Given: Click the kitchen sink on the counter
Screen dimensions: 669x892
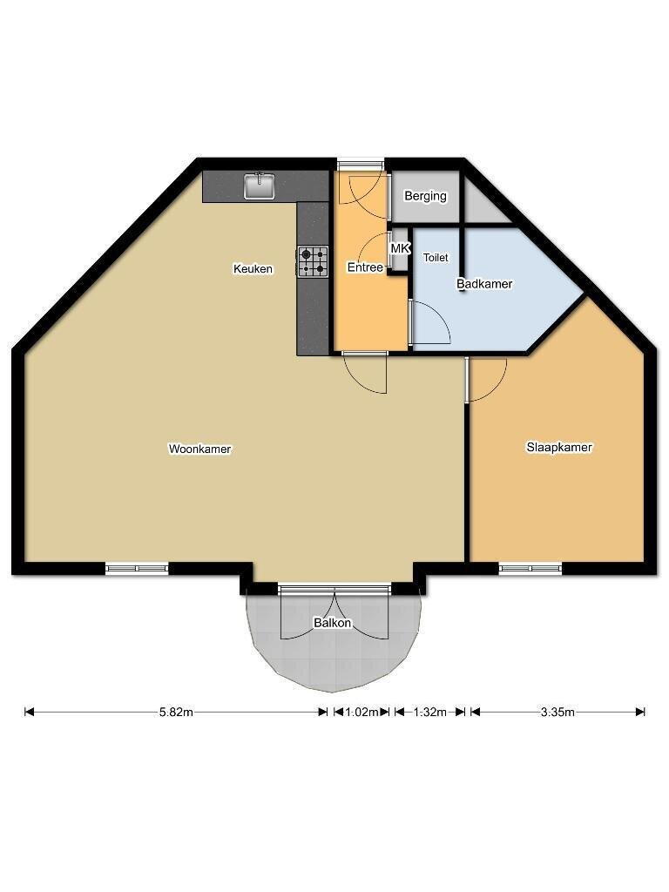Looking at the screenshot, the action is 260,186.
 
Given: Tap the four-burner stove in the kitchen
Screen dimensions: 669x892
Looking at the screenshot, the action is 313,261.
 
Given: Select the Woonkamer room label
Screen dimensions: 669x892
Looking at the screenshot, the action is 199,449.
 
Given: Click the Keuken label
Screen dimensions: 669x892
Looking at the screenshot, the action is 253,268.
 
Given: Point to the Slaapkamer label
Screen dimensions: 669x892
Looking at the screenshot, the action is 559,447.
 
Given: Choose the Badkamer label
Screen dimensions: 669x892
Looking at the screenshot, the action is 484,283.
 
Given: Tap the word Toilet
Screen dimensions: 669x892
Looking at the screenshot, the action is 436,258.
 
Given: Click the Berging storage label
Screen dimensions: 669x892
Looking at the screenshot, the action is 425,196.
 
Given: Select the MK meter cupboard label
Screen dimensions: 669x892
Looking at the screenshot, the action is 400,248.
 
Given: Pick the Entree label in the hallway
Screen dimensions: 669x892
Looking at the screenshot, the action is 365,267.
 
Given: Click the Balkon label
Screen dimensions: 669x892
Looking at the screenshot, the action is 333,623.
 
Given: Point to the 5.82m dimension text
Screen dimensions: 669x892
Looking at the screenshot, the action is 176,712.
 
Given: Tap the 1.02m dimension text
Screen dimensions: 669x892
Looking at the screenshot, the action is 362,712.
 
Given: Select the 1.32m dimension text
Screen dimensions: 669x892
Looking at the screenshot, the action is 429,712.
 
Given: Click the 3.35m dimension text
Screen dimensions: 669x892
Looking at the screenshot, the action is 557,712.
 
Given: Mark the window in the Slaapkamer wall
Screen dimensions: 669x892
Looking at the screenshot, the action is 530,568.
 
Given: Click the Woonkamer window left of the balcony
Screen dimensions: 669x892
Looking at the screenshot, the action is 137,568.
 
